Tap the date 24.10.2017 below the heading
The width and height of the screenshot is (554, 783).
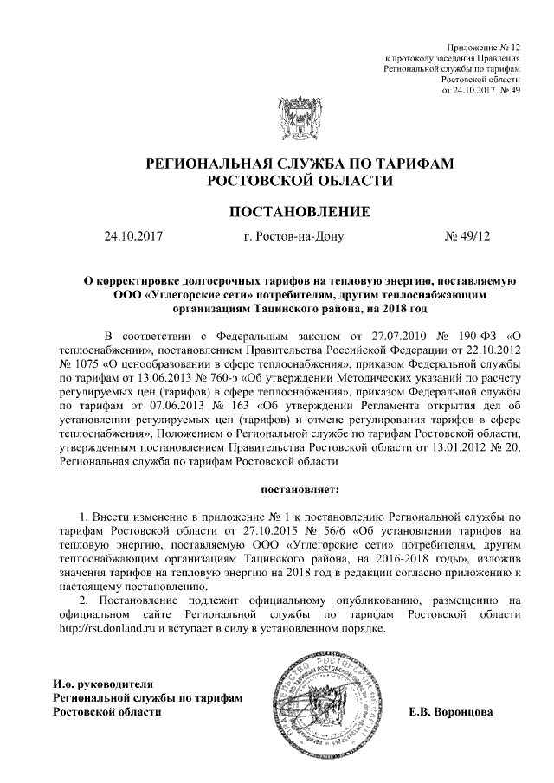(x=133, y=236)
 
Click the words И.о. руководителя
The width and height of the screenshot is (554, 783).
(x=103, y=683)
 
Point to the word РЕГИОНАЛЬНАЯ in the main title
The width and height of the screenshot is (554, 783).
(x=203, y=163)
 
